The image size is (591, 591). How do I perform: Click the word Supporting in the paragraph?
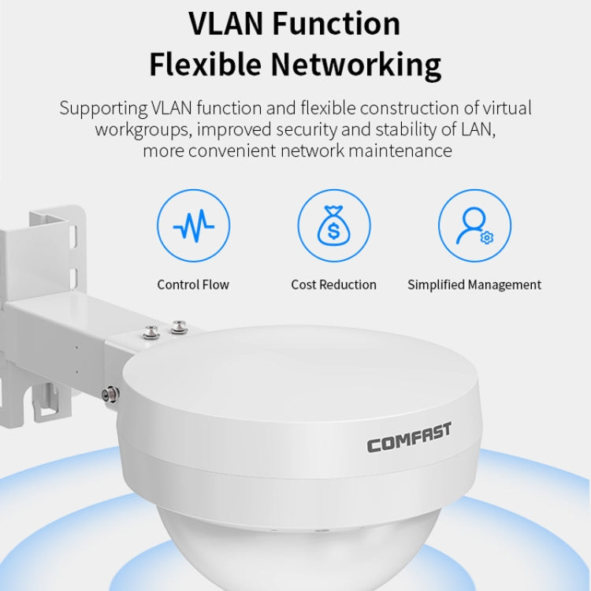click(102, 109)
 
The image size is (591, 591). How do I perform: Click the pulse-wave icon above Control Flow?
click(193, 227)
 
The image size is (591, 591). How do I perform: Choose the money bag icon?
click(333, 227)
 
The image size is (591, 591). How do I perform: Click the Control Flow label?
click(193, 284)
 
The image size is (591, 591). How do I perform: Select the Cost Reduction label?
click(333, 284)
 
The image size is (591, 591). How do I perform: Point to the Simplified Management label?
click(474, 284)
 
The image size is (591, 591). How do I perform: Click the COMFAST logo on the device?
click(409, 437)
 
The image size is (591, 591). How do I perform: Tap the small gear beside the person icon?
click(486, 238)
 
